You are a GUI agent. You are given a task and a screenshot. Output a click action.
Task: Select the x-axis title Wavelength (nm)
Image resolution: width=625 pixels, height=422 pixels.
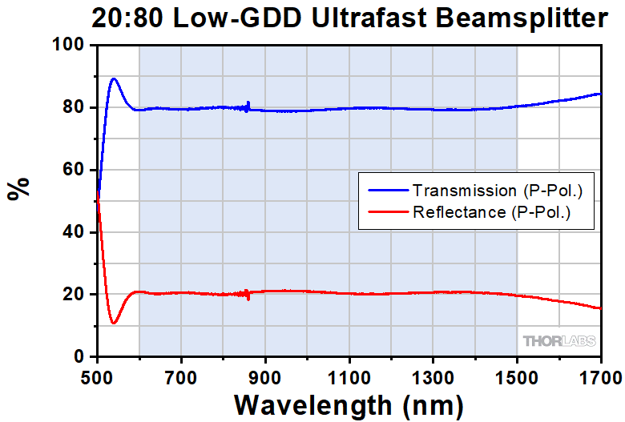coord(349,400)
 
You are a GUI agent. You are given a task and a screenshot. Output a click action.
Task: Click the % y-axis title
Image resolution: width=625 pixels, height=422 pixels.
coord(18,188)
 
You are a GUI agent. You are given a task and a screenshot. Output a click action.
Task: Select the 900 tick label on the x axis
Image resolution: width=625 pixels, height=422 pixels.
coord(265,374)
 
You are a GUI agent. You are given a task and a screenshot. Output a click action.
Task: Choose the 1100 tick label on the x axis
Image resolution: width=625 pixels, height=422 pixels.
coord(349,374)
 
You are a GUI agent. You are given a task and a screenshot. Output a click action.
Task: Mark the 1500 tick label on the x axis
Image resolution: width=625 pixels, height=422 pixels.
coord(517,374)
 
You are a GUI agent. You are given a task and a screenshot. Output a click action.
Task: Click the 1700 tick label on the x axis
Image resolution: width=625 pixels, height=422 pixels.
coord(600,374)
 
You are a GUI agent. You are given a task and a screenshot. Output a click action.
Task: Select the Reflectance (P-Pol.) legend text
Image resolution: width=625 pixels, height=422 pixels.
coord(490,212)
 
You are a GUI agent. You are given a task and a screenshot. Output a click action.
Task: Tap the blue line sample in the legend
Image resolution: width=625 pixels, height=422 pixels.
coord(388,191)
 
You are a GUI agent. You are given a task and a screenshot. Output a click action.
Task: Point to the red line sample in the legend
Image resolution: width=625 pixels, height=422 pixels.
coord(388,212)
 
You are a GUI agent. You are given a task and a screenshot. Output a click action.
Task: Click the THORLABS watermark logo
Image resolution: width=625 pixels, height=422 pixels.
coord(560,341)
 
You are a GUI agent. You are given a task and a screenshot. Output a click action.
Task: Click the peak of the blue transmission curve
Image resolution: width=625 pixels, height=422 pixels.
coord(114,78)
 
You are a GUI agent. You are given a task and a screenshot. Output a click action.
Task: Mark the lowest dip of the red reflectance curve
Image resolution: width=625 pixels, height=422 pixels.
coord(114,324)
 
